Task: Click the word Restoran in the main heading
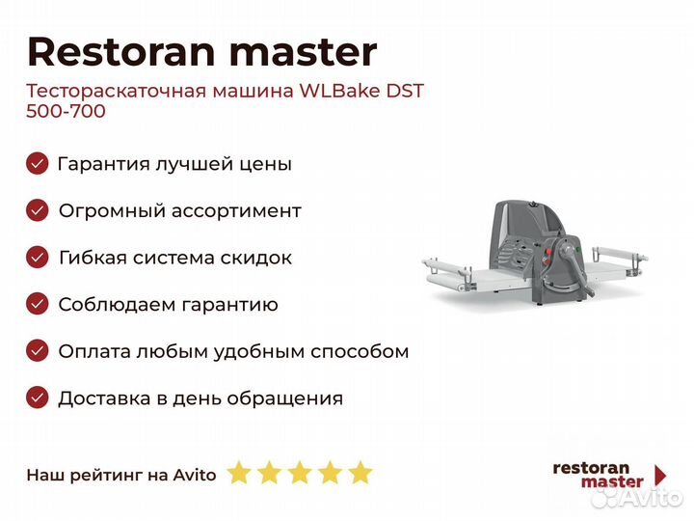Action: click(x=120, y=52)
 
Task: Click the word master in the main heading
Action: click(x=304, y=53)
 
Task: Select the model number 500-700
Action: click(x=66, y=111)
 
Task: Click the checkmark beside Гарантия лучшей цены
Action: click(x=38, y=163)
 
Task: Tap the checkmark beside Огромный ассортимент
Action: click(x=38, y=210)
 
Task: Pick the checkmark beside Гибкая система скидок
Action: click(x=38, y=257)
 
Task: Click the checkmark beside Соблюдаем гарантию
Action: click(x=38, y=304)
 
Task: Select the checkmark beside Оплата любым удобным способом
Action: click(x=38, y=351)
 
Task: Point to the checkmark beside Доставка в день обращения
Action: click(x=38, y=398)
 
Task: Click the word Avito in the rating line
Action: click(x=195, y=475)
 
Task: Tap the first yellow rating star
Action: click(x=239, y=472)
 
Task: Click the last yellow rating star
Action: click(x=360, y=472)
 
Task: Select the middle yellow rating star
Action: click(x=300, y=472)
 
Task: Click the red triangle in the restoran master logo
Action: click(x=660, y=475)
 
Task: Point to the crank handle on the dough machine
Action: click(x=575, y=267)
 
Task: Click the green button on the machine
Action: click(x=578, y=249)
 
